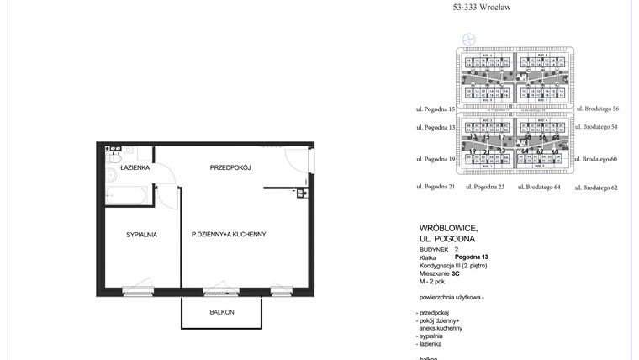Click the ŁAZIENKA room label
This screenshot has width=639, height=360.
pos(135,168)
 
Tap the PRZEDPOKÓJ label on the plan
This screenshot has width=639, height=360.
pos(231,168)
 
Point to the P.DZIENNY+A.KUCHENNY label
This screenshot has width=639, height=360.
pos(229,234)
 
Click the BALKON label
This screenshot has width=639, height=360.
pos(222,312)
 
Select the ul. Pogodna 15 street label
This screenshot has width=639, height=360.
pos(436,109)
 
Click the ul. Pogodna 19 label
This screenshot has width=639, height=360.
pos(436,159)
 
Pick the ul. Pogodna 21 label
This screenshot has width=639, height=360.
pos(436,186)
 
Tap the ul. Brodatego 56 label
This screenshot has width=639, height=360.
pos(597,109)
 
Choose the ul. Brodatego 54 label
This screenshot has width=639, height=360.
pos(597,127)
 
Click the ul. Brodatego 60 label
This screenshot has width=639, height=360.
pos(597,159)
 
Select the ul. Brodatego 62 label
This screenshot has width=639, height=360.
pos(597,188)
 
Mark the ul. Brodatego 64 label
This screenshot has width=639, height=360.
pos(539,187)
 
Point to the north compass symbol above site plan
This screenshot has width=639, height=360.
pos(469,38)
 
